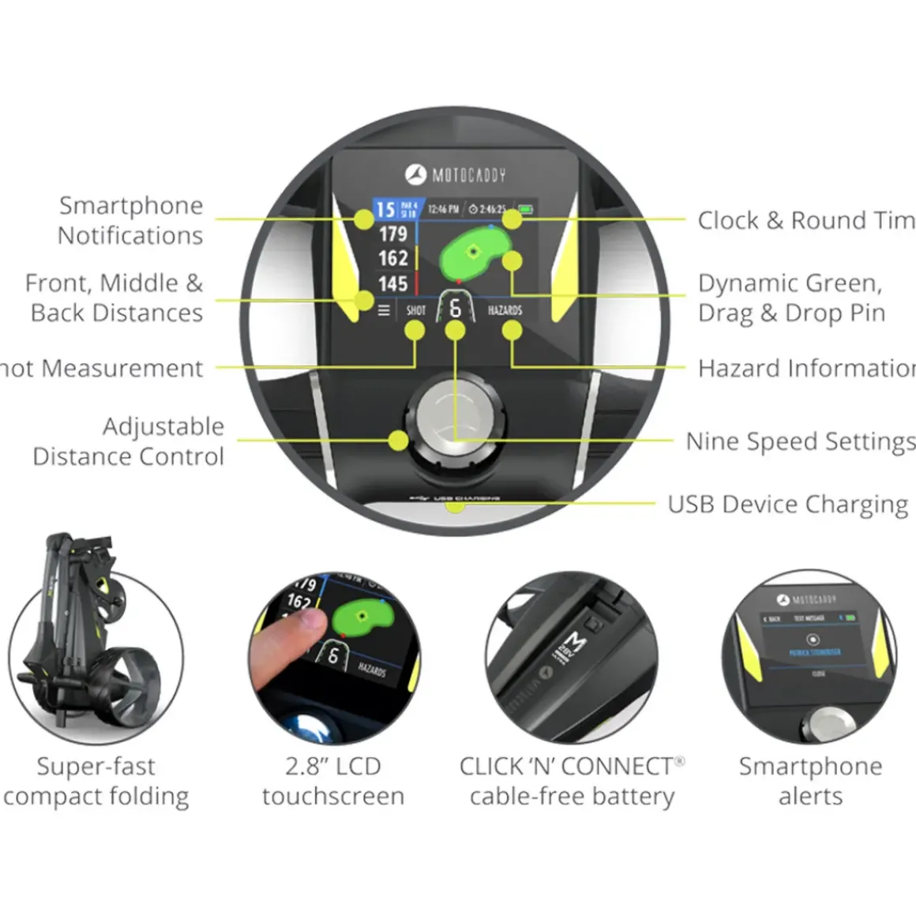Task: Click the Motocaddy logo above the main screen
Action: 456,175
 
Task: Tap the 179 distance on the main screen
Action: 392,234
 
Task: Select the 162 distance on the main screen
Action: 392,258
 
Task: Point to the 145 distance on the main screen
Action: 392,283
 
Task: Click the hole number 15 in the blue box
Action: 385,209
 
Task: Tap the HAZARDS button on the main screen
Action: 505,310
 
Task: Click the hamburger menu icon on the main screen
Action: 384,310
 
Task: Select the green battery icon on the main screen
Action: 525,209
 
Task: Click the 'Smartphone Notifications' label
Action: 130,220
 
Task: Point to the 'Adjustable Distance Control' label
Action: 129,441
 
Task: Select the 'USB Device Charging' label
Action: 787,505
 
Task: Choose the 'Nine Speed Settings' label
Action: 800,441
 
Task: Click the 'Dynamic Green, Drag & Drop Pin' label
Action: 790,298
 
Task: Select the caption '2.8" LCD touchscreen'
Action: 333,781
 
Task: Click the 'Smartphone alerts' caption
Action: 810,781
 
